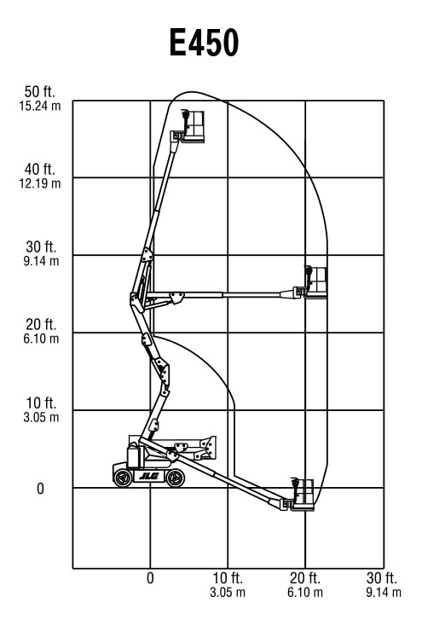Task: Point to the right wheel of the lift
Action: [175, 478]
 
